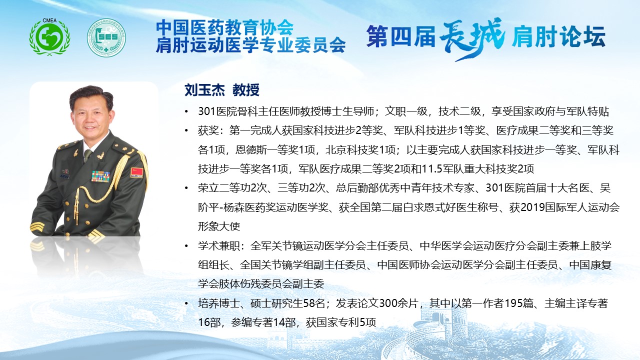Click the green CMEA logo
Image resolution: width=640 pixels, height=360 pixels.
49,36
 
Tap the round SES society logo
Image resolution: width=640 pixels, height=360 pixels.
106,37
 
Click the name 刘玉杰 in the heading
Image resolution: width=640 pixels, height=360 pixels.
203,90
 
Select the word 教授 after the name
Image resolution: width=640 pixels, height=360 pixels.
245,90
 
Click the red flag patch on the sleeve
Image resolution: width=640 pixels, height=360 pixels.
136,172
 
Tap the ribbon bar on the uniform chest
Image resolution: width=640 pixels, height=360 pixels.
100,176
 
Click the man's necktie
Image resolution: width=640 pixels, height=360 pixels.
87,155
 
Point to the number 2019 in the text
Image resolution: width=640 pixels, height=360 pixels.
532,207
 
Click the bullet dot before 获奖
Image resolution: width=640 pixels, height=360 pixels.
186,131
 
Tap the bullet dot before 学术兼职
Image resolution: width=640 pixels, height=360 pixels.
186,245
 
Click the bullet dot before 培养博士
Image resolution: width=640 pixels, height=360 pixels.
186,303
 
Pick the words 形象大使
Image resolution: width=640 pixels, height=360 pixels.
219,226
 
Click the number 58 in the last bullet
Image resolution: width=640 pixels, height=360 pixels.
309,303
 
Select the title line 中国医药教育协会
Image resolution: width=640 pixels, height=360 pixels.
225,27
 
